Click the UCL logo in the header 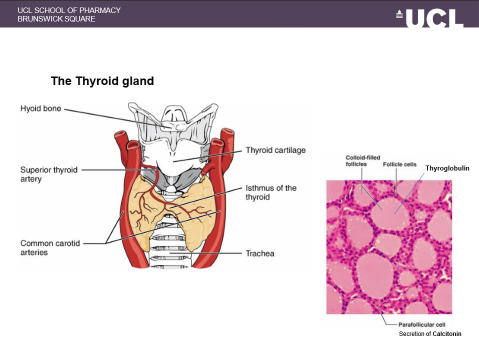[x=434, y=18]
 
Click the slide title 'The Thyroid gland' [x=102, y=81]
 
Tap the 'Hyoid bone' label [x=40, y=108]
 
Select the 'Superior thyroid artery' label [x=49, y=174]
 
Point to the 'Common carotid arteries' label [x=50, y=247]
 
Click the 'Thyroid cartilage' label [x=275, y=150]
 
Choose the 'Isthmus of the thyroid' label [x=271, y=192]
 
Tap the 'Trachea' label [x=260, y=253]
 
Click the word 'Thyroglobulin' [x=447, y=168]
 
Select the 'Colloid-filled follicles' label [x=363, y=160]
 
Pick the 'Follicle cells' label [x=399, y=164]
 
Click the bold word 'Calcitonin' [x=447, y=333]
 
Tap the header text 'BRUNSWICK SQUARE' [x=56, y=19]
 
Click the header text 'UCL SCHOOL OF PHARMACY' [x=69, y=10]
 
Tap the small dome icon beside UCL [x=399, y=15]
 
